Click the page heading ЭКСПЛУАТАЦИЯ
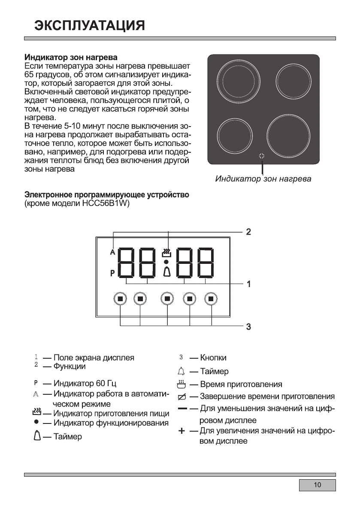click(89, 25)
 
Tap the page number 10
click(317, 485)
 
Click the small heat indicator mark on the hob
click(262, 157)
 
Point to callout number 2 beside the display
click(248, 232)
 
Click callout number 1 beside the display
click(248, 284)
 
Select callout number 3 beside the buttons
click(248, 327)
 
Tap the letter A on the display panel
click(113, 252)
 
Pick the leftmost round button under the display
click(120, 299)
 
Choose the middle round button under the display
click(167, 299)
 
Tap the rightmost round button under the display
click(211, 299)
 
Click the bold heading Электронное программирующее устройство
click(106, 196)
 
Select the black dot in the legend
click(37, 422)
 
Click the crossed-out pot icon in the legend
click(182, 396)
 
